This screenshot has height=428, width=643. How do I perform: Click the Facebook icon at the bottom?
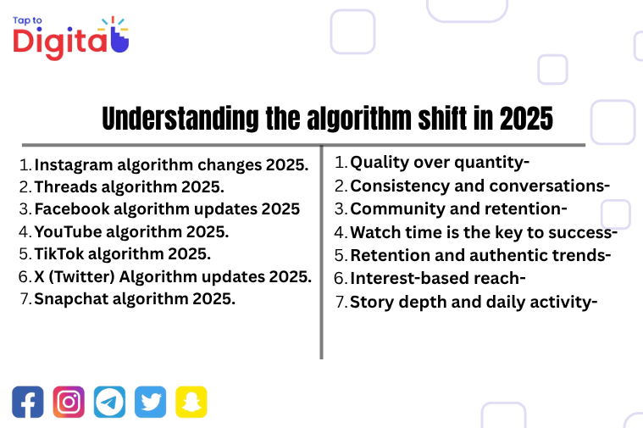[27, 401]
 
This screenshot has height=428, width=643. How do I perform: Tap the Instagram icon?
[69, 401]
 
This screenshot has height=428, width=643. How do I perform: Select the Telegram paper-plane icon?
[109, 401]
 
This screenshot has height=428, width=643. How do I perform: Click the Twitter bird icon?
[151, 401]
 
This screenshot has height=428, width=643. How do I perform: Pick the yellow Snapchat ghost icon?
[191, 401]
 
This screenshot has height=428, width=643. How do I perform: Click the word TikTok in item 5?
[58, 253]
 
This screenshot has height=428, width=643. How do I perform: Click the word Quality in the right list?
[379, 162]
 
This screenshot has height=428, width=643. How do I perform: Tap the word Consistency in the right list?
[396, 186]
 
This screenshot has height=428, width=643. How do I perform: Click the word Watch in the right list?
[374, 231]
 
